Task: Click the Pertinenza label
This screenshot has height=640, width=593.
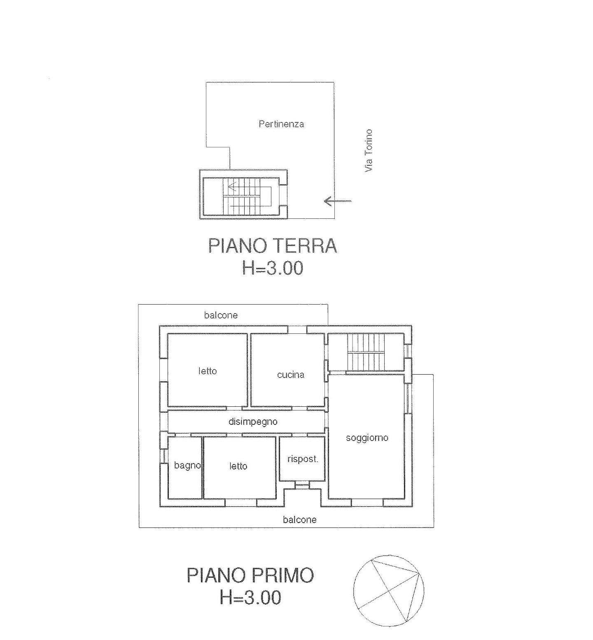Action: coord(281,124)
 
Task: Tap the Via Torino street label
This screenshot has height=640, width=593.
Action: coord(368,151)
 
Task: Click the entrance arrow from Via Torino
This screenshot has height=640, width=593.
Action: coord(338,201)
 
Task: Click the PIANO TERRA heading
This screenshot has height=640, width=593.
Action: coord(273,246)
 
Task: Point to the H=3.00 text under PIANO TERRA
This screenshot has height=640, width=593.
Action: coord(273,268)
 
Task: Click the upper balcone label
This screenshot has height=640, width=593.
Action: coord(221,315)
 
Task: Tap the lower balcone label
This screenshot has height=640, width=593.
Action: coord(300,520)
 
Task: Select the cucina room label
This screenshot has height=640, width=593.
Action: coord(291,375)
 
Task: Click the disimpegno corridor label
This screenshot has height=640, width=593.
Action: coord(253,422)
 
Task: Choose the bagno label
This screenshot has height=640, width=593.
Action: coord(187,466)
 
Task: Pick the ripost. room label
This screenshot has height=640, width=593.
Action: coord(303,459)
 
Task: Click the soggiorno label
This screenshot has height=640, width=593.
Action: coord(367,438)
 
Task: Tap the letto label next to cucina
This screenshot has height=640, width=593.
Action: coord(207,371)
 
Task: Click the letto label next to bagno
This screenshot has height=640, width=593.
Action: coord(238,466)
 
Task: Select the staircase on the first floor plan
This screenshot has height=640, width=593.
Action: coord(366,352)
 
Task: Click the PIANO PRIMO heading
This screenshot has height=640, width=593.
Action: coord(250,575)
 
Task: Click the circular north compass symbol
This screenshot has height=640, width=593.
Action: coord(388,590)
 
